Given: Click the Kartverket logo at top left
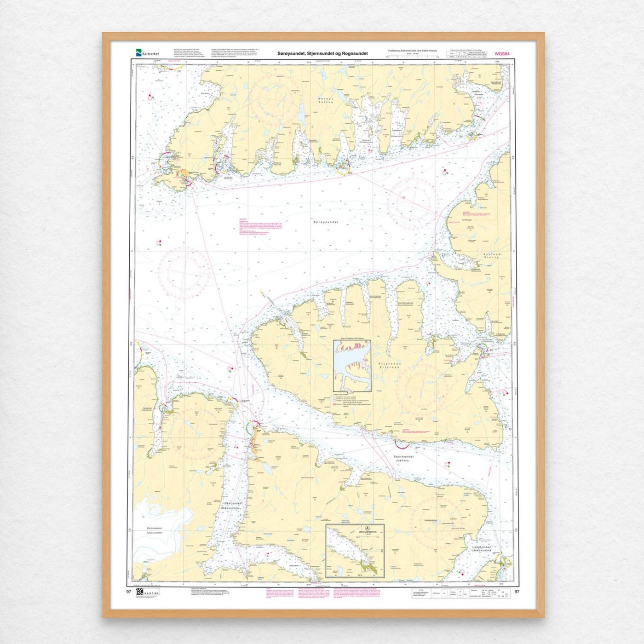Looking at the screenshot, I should pyautogui.click(x=147, y=53).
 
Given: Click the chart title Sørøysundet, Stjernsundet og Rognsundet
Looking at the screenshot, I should pyautogui.click(x=322, y=54).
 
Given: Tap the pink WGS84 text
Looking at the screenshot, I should pyautogui.click(x=502, y=54).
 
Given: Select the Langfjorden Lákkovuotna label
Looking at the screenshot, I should pyautogui.click(x=482, y=549).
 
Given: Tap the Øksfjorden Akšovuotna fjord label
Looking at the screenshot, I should pyautogui.click(x=235, y=506).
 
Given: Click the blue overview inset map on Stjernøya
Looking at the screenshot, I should pyautogui.click(x=352, y=366).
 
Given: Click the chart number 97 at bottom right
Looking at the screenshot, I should pyautogui.click(x=517, y=592).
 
